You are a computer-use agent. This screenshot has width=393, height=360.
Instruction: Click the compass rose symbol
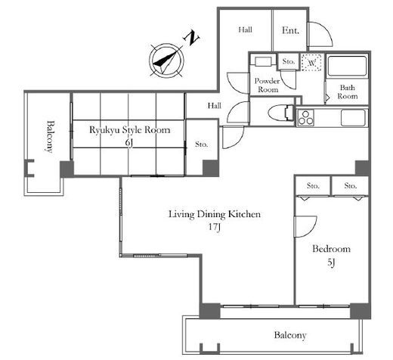tap(166, 61)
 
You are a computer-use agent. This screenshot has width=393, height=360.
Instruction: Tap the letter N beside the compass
tap(192, 38)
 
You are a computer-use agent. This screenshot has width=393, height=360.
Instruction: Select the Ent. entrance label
tap(290, 30)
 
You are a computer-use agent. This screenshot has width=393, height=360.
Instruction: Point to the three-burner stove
tap(305, 117)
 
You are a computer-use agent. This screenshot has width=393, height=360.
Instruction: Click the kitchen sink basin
tap(353, 117)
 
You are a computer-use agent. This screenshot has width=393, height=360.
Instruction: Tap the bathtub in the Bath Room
tap(347, 66)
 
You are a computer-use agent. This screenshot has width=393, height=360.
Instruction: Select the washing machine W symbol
tap(311, 63)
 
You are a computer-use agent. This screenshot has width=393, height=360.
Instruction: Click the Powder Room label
tap(268, 85)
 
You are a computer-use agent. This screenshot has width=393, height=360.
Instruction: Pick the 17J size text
tap(215, 227)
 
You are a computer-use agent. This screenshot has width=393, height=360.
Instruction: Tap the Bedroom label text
tap(331, 249)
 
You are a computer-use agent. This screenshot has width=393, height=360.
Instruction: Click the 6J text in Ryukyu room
tap(129, 143)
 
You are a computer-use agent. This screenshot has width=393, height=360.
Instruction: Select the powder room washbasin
tap(263, 61)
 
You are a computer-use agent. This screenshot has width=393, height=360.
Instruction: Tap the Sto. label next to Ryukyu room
tap(202, 144)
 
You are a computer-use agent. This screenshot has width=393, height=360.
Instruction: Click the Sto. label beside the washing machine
tap(289, 61)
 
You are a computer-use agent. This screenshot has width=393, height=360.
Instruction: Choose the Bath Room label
tap(348, 92)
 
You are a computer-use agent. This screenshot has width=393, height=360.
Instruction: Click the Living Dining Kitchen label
tap(215, 214)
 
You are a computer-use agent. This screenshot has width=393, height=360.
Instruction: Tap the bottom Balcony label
tap(290, 335)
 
